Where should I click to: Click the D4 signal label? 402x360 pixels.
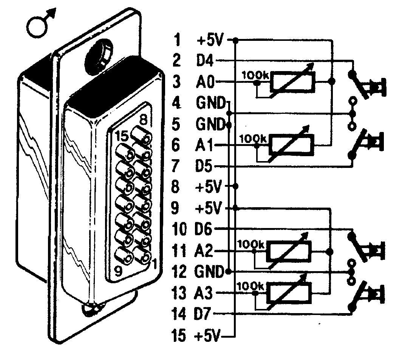206,61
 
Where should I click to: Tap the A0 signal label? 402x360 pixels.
206,82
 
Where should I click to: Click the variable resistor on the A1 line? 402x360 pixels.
291,145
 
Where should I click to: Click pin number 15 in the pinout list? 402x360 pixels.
179,335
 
